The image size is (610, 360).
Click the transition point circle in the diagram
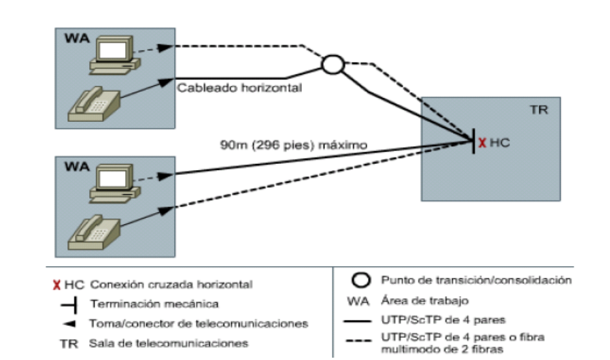click(x=333, y=64)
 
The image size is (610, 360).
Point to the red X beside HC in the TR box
click(x=482, y=143)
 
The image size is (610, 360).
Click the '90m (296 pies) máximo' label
click(x=293, y=145)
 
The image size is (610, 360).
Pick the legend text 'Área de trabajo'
click(x=416, y=299)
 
